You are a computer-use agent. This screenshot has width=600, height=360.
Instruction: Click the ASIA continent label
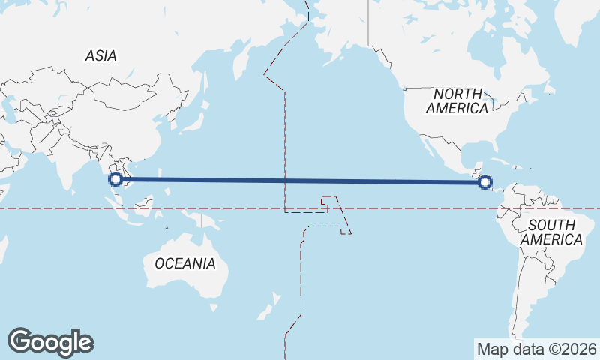(100, 55)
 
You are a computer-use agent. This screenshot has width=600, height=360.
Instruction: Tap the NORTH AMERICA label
(457, 100)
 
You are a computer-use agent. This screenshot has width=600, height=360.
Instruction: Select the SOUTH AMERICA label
(551, 232)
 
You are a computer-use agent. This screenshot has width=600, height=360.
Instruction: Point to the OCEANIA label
(184, 263)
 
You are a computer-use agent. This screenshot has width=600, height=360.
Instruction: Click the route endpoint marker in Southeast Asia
(115, 179)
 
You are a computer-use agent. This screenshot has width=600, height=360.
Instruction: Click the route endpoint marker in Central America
(485, 181)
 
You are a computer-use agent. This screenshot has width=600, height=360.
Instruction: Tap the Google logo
(51, 342)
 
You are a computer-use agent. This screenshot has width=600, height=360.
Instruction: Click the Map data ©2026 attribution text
(537, 349)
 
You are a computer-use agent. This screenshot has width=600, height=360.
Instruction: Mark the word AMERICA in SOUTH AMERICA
(552, 239)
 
